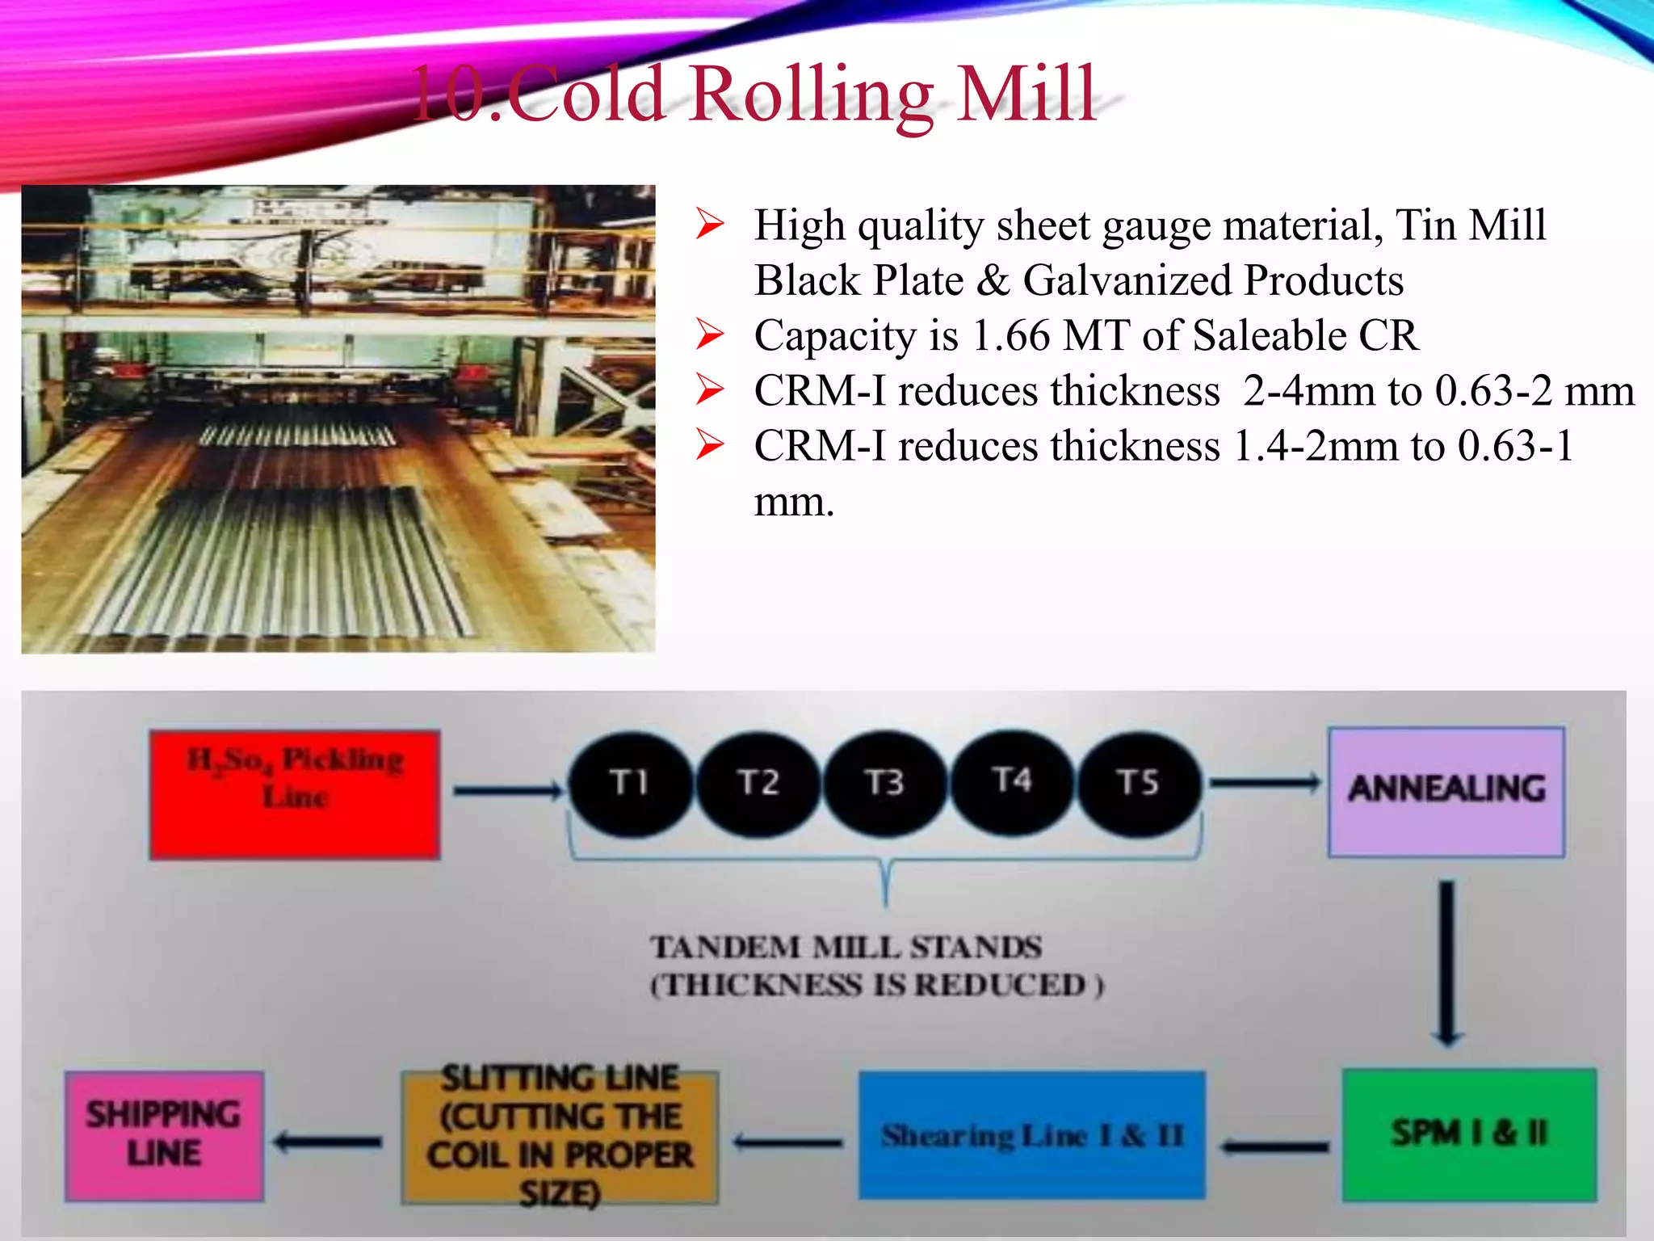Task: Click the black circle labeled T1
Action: pyautogui.click(x=631, y=782)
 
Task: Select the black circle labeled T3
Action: pyautogui.click(x=884, y=782)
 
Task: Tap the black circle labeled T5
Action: pyautogui.click(x=1138, y=782)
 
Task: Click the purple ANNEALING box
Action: pyautogui.click(x=1446, y=791)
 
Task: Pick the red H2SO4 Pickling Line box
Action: pyautogui.click(x=295, y=794)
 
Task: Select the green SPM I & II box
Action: pyautogui.click(x=1469, y=1134)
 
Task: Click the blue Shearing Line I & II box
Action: pyautogui.click(x=1031, y=1135)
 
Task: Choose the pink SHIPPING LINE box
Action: pyautogui.click(x=164, y=1135)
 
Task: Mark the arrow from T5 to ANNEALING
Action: pyautogui.click(x=1264, y=782)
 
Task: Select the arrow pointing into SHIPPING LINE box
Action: pyautogui.click(x=328, y=1142)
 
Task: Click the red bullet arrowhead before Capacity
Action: pyautogui.click(x=710, y=335)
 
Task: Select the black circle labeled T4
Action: pyautogui.click(x=1012, y=780)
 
